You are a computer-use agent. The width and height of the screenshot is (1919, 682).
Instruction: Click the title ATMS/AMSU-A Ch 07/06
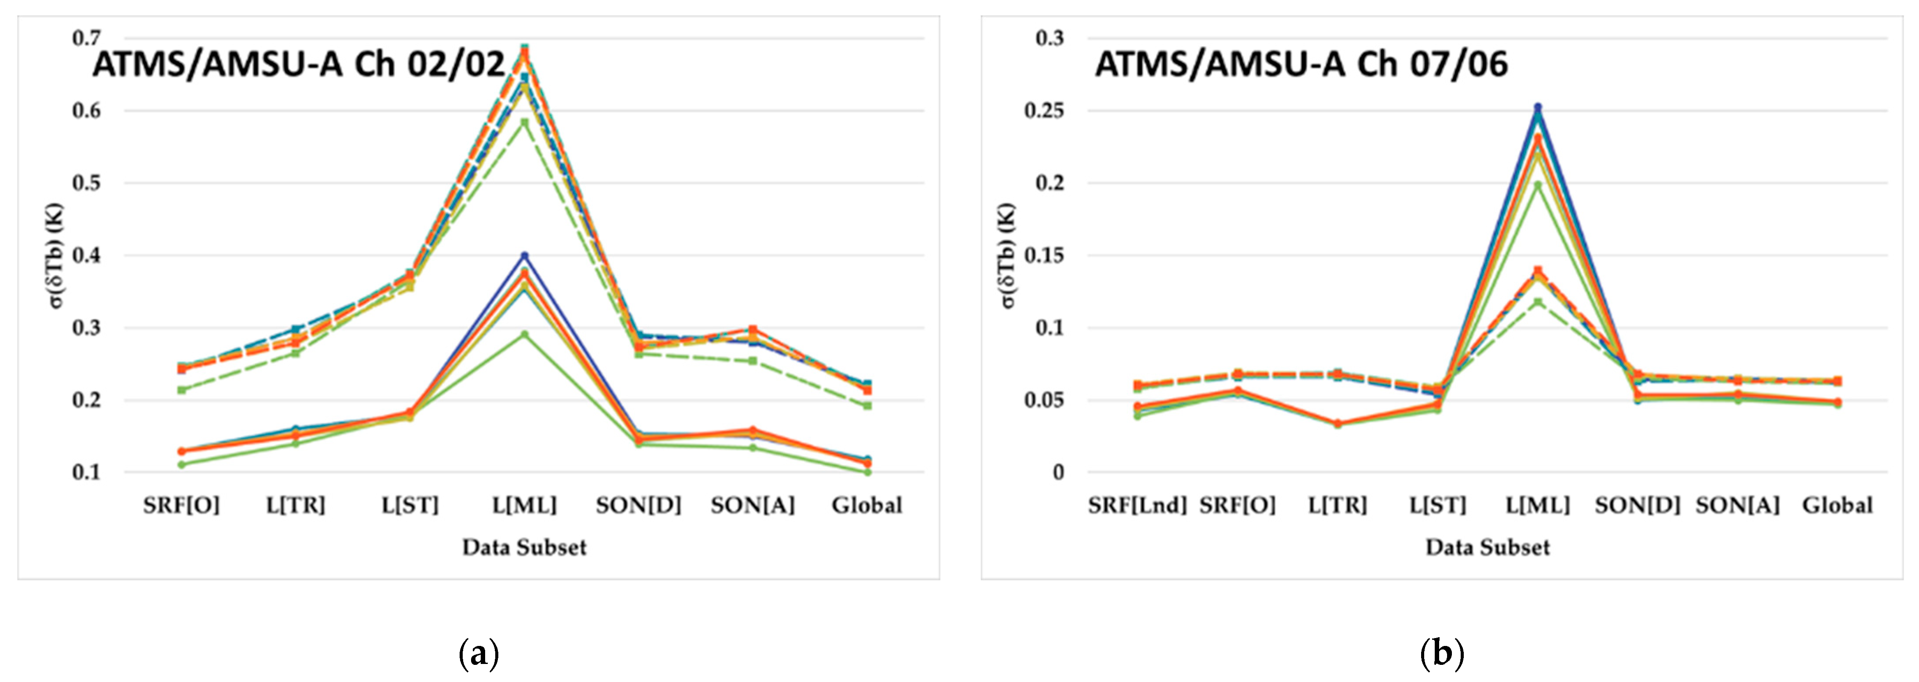(1301, 64)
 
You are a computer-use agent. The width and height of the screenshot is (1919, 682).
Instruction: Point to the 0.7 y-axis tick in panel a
(86, 38)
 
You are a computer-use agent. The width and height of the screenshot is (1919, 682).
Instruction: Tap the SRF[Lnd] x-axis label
(1137, 506)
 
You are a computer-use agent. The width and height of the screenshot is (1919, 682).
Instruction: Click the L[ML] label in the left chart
(524, 506)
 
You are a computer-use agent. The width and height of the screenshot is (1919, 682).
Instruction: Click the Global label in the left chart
(866, 506)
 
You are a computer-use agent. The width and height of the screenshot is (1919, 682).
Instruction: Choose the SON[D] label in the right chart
(1638, 506)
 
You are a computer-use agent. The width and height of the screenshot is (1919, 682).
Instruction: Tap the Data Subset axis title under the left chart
(524, 547)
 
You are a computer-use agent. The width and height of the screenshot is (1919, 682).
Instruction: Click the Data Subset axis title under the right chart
(1488, 547)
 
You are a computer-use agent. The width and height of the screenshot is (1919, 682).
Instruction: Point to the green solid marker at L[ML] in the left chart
(524, 334)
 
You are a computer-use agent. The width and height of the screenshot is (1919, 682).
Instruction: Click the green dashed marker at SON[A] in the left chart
(753, 361)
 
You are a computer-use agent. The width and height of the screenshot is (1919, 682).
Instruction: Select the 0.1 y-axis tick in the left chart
(86, 472)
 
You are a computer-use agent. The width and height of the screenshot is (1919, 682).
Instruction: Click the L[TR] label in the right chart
(1337, 506)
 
